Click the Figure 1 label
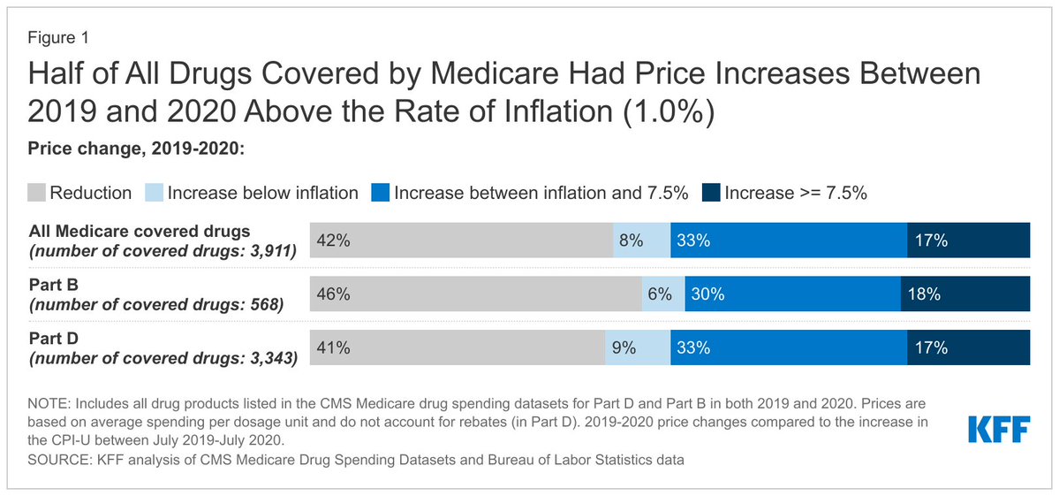click(57, 38)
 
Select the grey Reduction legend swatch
click(38, 193)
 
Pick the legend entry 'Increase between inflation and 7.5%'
click(541, 193)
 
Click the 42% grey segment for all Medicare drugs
click(461, 240)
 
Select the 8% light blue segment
click(641, 240)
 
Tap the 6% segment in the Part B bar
click(662, 294)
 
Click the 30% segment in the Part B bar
click(792, 294)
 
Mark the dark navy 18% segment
click(964, 294)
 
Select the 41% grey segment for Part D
click(457, 347)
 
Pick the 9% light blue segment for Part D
click(637, 347)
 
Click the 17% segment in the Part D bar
click(968, 347)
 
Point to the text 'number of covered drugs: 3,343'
click(163, 359)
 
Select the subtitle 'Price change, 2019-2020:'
click(137, 149)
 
